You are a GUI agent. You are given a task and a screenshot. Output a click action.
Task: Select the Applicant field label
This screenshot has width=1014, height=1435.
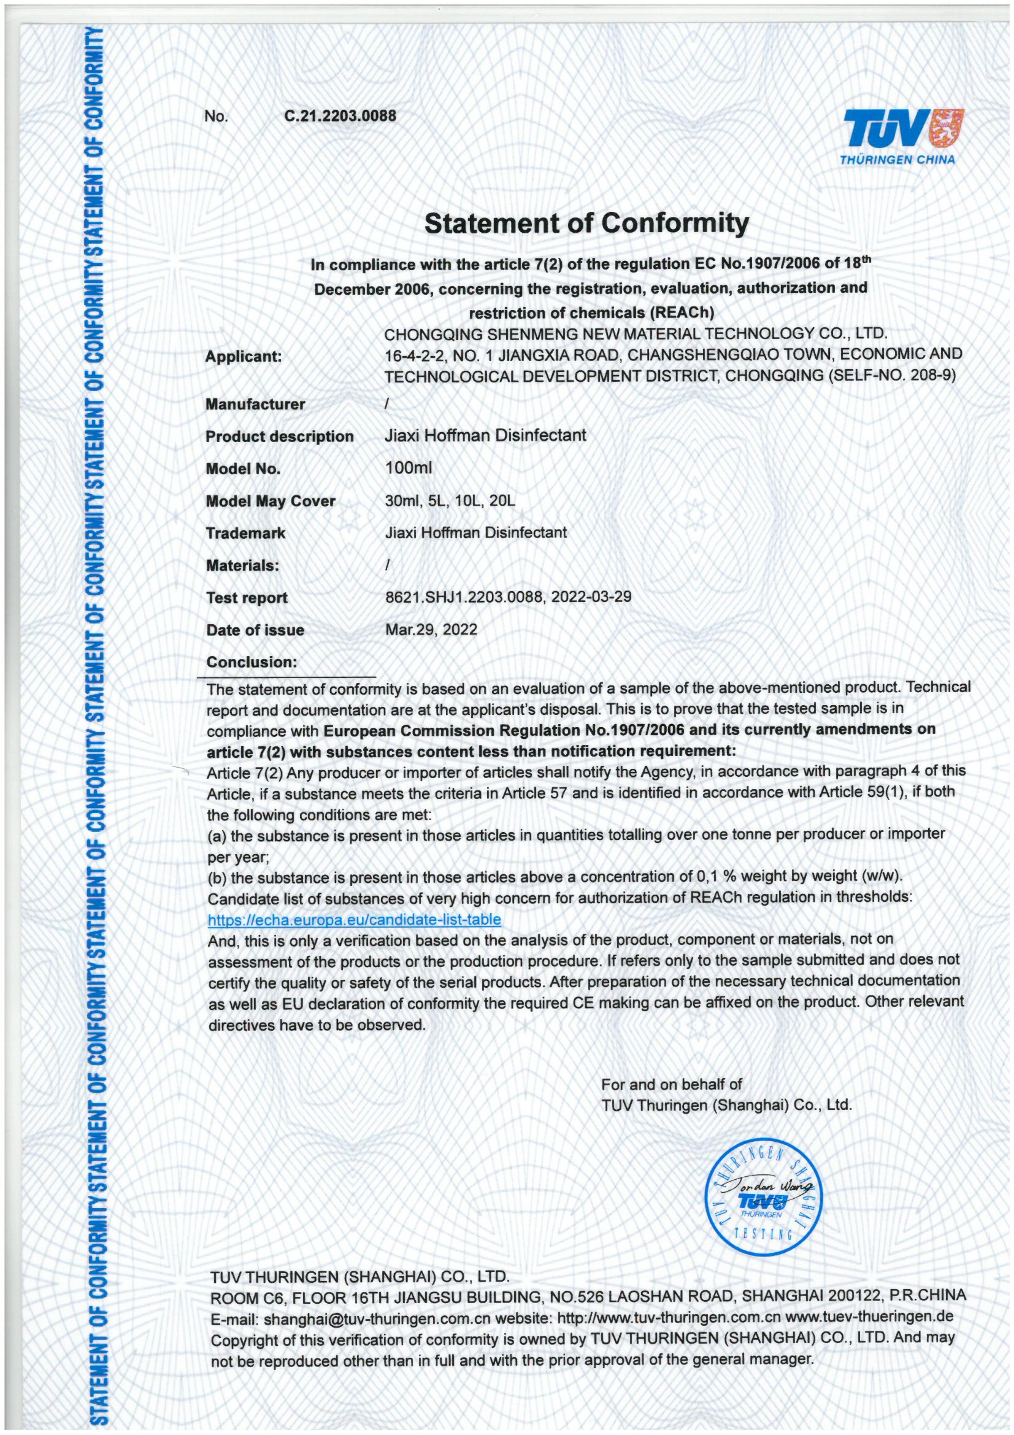click(244, 357)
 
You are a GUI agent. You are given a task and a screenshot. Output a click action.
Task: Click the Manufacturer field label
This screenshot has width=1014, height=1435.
click(255, 404)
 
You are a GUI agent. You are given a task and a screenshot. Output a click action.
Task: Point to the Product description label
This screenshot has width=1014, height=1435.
click(279, 436)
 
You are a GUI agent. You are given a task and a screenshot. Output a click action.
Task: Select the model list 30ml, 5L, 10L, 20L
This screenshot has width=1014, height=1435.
click(450, 500)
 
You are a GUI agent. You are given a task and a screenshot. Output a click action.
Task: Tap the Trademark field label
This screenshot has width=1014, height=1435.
click(246, 533)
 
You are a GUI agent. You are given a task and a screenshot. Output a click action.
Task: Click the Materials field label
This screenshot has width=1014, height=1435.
click(242, 566)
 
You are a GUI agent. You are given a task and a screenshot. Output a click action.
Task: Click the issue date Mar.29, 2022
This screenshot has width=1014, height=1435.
click(431, 629)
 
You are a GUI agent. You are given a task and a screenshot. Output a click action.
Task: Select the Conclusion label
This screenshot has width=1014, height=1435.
click(251, 662)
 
